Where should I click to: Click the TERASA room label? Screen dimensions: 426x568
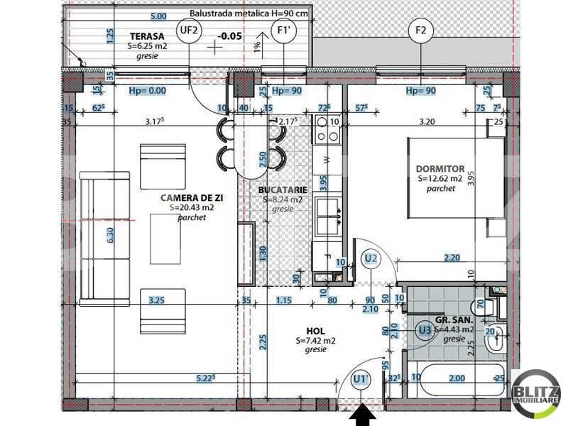pyautogui.click(x=147, y=35)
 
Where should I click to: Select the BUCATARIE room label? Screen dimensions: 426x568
pyautogui.click(x=283, y=190)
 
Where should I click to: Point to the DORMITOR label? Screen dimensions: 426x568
pyautogui.click(x=440, y=169)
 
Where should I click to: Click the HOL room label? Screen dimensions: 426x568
pyautogui.click(x=315, y=331)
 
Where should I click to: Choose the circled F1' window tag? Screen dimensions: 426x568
pyautogui.click(x=283, y=31)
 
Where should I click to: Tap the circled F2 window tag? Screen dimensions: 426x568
pyautogui.click(x=420, y=31)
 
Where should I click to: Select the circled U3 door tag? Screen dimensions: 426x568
pyautogui.click(x=425, y=329)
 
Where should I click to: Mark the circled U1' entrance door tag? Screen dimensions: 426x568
pyautogui.click(x=361, y=381)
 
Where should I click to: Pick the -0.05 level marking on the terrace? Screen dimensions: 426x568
pyautogui.click(x=230, y=35)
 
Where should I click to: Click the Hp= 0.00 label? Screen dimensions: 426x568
pyautogui.click(x=147, y=91)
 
